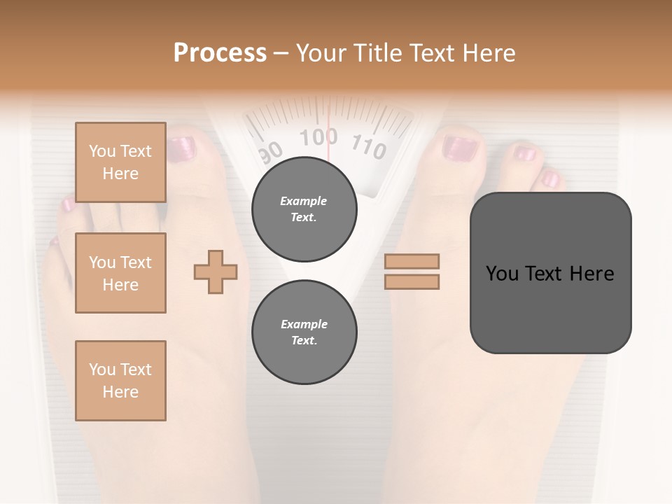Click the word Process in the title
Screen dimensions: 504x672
tap(220, 53)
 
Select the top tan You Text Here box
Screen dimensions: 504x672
tap(120, 162)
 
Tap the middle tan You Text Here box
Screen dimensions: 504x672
tap(120, 273)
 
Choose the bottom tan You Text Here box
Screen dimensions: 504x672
tap(120, 381)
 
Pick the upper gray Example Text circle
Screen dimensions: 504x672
tap(304, 209)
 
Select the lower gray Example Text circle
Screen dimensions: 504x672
tap(304, 332)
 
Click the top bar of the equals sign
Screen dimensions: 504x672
tap(412, 262)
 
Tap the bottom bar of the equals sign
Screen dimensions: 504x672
tap(412, 281)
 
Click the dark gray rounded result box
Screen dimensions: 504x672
tap(550, 273)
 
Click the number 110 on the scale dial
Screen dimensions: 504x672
tap(369, 146)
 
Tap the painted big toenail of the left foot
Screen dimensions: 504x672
tap(181, 149)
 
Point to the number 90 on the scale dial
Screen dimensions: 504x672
tap(270, 151)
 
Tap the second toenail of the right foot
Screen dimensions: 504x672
tap(524, 153)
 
